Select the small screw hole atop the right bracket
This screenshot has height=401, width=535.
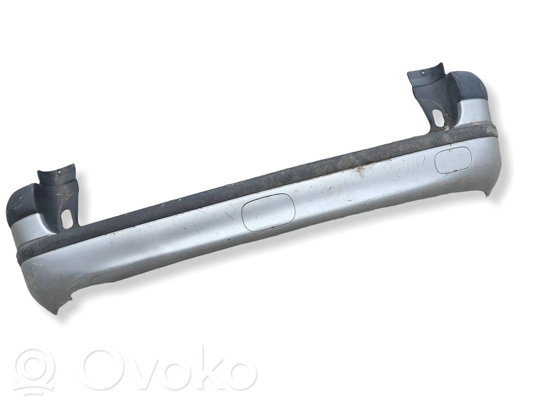(x=423, y=72)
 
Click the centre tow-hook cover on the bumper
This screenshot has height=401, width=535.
(x=268, y=213)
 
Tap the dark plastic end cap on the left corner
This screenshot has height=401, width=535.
(x=21, y=203)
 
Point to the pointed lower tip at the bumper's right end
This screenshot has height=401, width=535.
(x=489, y=196)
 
